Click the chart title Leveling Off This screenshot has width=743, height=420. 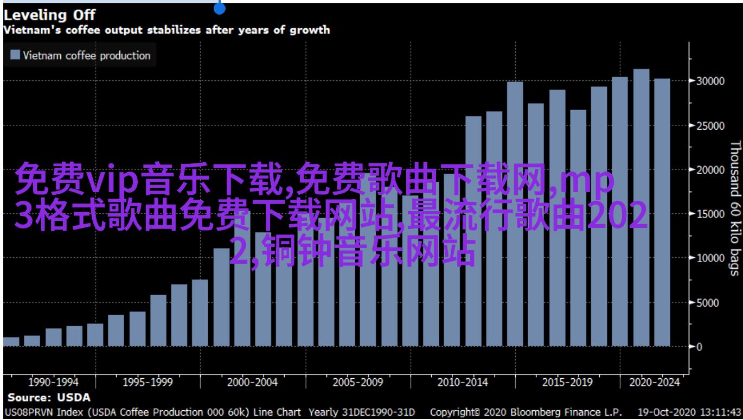(x=49, y=15)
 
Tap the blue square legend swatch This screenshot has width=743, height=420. (x=15, y=55)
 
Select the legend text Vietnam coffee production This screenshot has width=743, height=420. (x=87, y=55)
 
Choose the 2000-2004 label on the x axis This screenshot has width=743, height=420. (x=252, y=383)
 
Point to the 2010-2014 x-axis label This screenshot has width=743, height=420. (x=463, y=383)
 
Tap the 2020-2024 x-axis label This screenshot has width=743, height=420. (x=654, y=383)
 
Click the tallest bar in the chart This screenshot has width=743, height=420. (x=641, y=206)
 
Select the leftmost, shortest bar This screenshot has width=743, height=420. (x=11, y=341)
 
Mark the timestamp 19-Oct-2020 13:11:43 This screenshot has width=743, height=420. (x=690, y=412)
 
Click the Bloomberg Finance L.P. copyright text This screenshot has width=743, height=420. (x=559, y=412)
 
